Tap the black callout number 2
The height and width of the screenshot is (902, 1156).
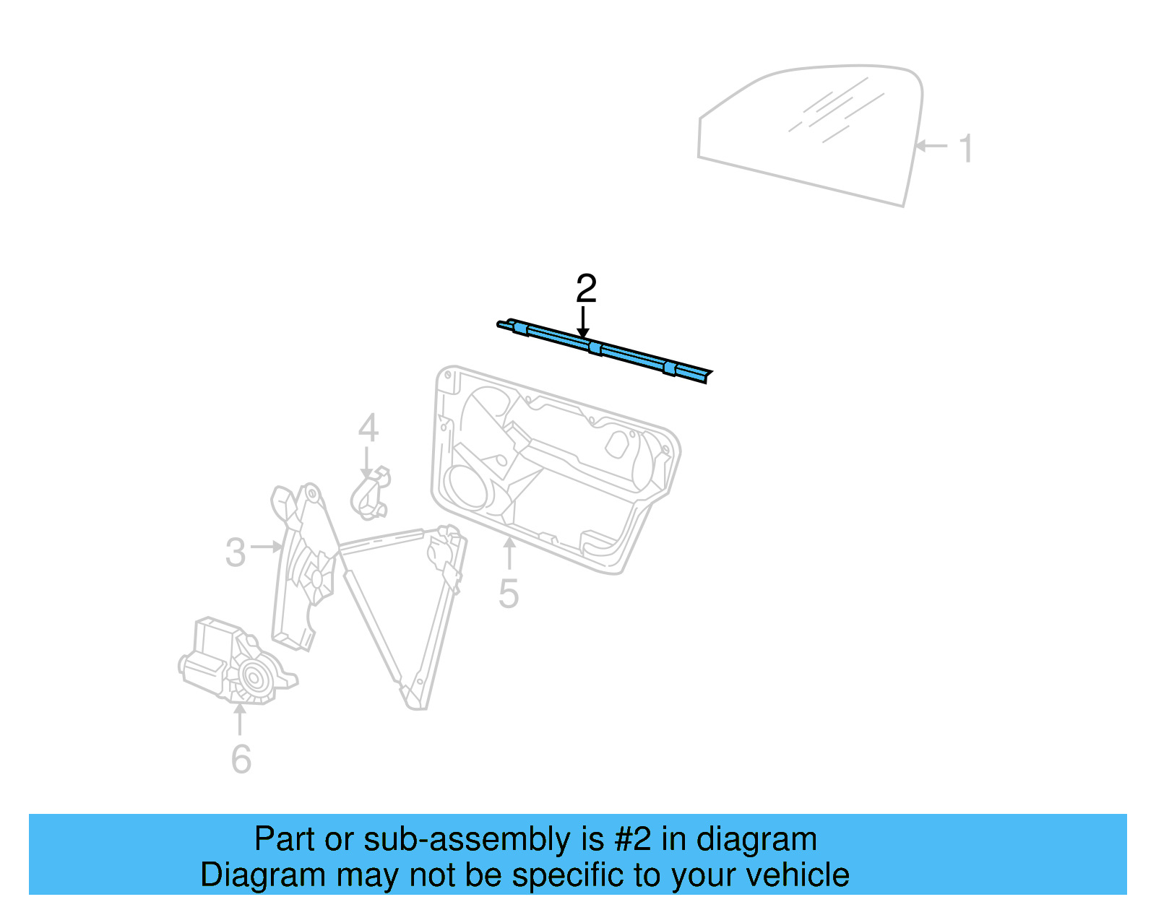tap(586, 288)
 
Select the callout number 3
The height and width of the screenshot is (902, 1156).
tap(236, 552)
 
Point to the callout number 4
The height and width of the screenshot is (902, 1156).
tap(368, 428)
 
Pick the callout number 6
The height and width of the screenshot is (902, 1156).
tap(241, 759)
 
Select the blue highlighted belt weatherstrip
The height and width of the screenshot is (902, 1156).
tap(605, 351)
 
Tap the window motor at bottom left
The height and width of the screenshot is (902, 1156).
tap(237, 661)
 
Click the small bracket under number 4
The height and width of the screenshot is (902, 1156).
tap(370, 493)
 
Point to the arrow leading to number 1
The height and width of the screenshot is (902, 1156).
tap(931, 145)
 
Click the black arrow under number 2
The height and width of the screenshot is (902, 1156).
tap(584, 321)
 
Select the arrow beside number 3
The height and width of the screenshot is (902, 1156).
tap(266, 547)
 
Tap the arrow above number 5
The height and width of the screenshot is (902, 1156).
tap(509, 553)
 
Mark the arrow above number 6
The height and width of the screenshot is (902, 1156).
tap(240, 719)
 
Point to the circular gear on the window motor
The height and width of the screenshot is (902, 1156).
tap(254, 677)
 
